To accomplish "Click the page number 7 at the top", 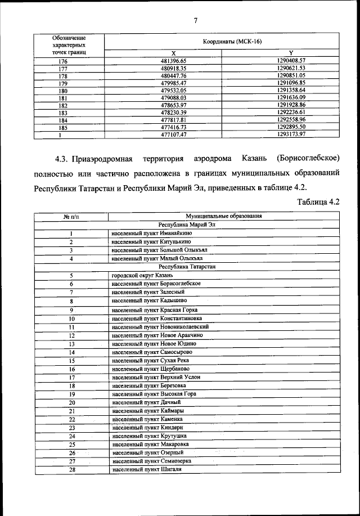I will [x=195, y=21].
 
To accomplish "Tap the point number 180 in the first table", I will [x=63, y=90].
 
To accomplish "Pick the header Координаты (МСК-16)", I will [x=232, y=42].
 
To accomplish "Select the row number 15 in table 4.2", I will [x=72, y=360].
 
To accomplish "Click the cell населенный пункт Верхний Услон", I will [x=156, y=377].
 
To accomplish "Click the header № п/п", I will [x=71, y=216].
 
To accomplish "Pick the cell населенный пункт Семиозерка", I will [x=151, y=461].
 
